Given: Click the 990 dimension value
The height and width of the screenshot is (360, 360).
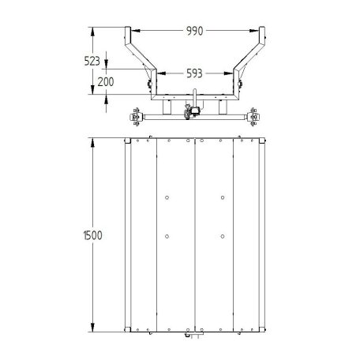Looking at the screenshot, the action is point(194,31).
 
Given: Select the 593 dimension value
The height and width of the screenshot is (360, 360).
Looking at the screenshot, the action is point(194,73).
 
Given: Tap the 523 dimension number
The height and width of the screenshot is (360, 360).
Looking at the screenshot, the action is point(92,61).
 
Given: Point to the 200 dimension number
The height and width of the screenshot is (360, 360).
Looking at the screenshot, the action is point(106,82).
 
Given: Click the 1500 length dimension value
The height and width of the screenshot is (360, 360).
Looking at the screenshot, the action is point(92,235).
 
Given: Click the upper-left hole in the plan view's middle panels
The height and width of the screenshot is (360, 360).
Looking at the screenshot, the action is point(167,197).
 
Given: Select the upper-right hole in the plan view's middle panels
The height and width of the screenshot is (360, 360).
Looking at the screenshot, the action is point(223,197).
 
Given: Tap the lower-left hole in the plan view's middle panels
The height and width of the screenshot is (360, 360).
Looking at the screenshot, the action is point(167,236).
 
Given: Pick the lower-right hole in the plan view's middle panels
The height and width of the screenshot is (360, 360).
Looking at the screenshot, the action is point(223,236).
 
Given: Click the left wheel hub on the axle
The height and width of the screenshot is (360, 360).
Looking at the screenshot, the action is point(137,117).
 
